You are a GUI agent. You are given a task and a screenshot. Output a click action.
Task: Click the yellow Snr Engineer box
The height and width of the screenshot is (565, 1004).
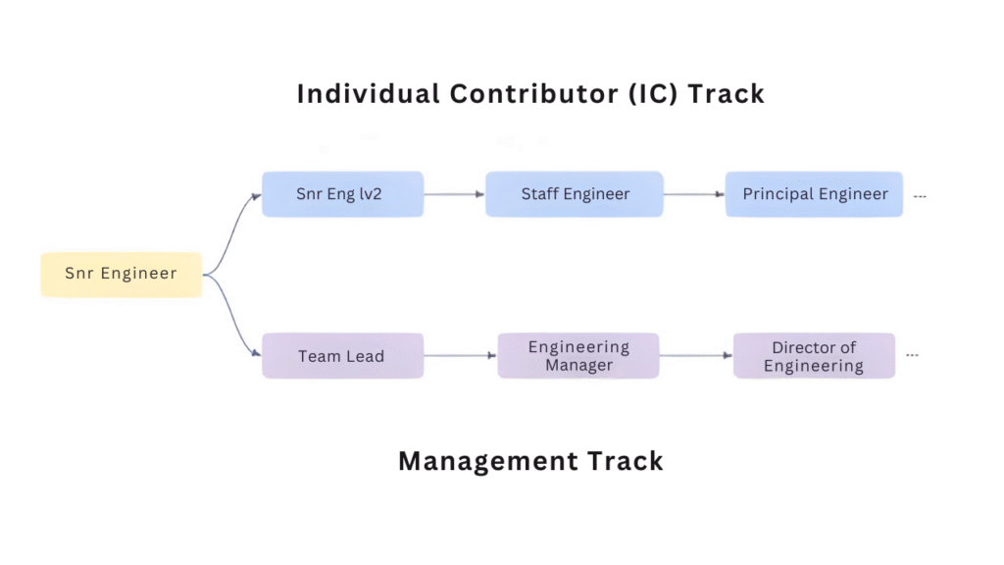coord(121,274)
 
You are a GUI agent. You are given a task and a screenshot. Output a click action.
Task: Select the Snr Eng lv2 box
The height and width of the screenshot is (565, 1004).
coord(342,194)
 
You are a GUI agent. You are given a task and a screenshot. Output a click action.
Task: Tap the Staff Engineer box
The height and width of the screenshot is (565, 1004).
coord(575,194)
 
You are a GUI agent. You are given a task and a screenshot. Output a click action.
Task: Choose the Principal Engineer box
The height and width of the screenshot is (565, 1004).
coord(814,194)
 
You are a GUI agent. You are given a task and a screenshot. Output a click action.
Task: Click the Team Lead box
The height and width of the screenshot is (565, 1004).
coord(342,356)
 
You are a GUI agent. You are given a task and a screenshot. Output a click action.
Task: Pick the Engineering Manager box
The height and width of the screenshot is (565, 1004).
coord(578,356)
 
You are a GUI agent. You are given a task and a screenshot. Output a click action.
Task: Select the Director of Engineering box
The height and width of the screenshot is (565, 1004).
coord(814,356)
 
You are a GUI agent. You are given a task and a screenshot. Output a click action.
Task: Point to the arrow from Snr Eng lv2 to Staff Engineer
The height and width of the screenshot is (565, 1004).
coord(454,194)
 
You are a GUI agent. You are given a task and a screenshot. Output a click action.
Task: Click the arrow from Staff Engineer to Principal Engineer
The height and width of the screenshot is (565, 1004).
coord(694,194)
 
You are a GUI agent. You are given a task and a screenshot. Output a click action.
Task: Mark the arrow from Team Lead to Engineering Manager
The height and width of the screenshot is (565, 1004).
coord(461,356)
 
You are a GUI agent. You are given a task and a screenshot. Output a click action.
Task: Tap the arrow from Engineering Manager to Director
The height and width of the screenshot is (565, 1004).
coord(696,356)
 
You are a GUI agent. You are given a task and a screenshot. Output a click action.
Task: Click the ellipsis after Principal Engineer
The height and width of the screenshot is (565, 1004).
coord(920,196)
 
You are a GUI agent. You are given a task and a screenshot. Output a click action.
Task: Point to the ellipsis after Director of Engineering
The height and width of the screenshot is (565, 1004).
coord(912,355)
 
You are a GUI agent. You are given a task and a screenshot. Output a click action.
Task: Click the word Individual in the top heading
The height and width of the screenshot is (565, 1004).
coord(369,94)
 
